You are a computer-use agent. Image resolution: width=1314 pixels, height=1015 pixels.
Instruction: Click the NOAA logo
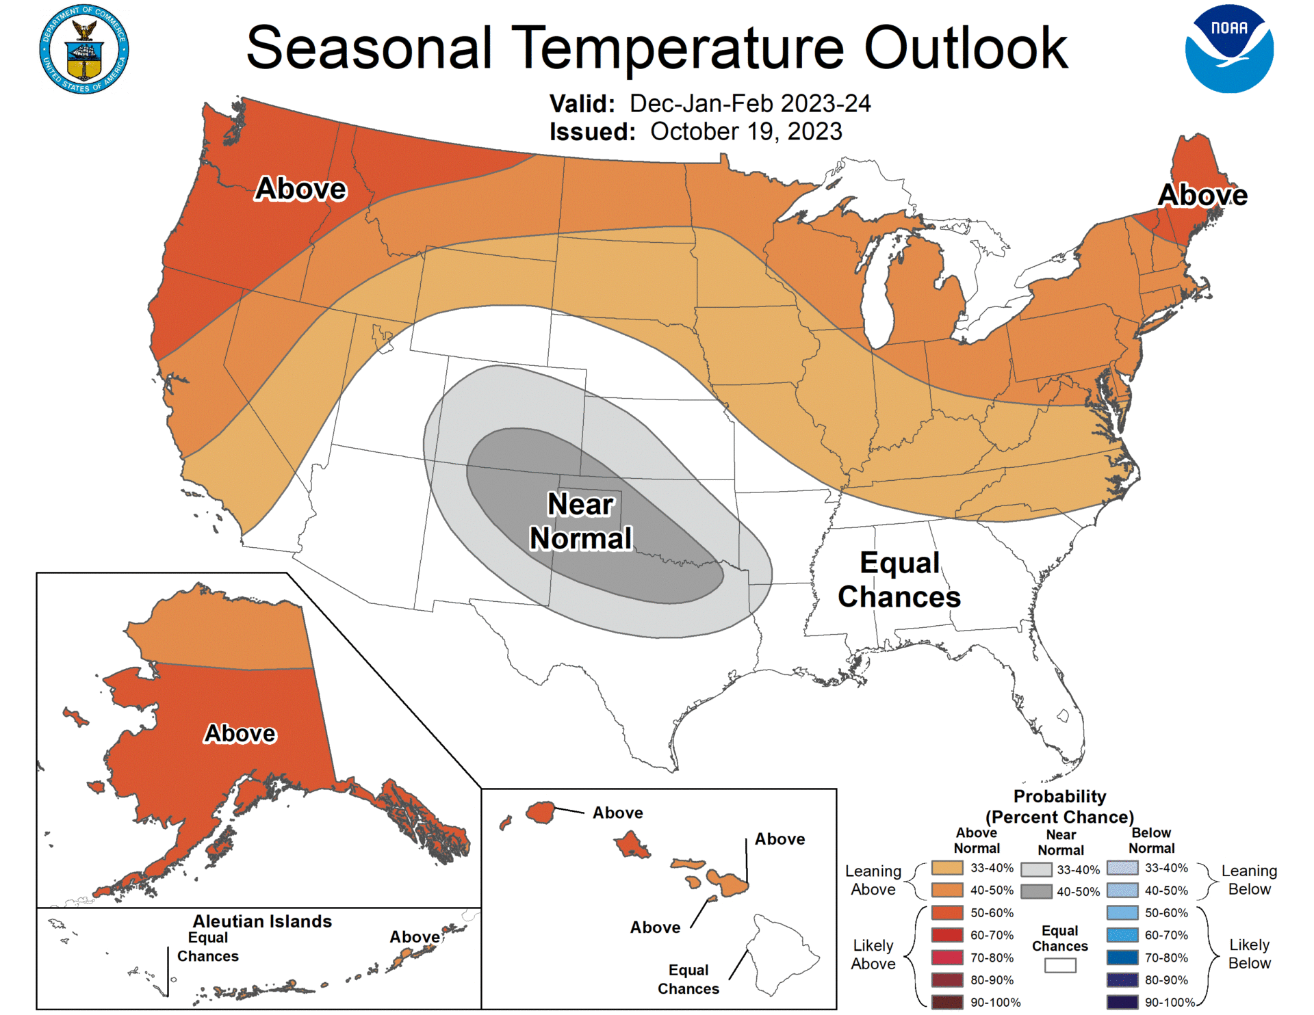(x=1229, y=49)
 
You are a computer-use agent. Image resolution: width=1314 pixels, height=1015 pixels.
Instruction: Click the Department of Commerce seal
(x=83, y=49)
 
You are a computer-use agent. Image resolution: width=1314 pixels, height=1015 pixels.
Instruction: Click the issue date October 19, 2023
(x=745, y=131)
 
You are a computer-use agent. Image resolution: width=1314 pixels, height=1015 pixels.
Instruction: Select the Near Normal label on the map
(x=580, y=521)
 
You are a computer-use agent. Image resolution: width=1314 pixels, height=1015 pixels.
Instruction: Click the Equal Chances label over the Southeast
(x=899, y=579)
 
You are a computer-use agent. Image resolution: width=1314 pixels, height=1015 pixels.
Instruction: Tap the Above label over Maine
(x=1202, y=195)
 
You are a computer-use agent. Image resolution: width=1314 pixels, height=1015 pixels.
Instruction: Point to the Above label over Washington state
(x=300, y=189)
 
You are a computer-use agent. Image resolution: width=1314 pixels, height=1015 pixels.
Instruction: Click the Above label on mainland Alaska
(x=240, y=733)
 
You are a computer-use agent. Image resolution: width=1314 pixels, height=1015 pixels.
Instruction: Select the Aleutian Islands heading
(x=262, y=921)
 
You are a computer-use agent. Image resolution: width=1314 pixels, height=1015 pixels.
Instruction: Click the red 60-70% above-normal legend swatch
(x=946, y=935)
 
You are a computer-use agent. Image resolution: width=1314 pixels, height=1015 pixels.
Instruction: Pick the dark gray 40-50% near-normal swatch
(x=1035, y=891)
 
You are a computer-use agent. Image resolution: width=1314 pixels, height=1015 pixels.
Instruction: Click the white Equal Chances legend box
(x=1059, y=965)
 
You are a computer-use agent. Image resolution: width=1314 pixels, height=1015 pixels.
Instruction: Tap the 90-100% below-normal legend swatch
(x=1122, y=1002)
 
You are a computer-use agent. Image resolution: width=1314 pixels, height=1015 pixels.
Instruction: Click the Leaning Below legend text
(x=1249, y=880)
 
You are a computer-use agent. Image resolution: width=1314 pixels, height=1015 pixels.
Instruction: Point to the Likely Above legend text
(x=873, y=954)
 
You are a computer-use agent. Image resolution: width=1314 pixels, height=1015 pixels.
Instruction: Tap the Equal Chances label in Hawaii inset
(x=688, y=979)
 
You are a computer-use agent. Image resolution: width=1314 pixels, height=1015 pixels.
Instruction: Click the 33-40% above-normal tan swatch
(x=946, y=868)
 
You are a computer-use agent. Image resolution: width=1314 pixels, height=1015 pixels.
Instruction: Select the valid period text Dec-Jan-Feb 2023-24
(x=749, y=103)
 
